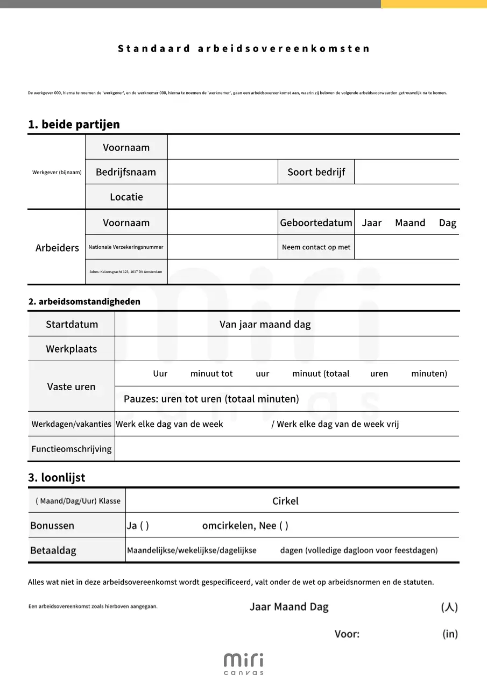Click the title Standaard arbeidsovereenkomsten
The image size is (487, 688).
[x=244, y=48]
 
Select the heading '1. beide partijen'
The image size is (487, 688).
[x=74, y=124]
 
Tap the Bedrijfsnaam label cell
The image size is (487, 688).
[x=126, y=172]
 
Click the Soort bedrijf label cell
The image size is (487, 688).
[x=316, y=172]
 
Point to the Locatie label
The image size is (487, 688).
[x=126, y=197]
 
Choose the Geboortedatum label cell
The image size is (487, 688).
[x=316, y=223]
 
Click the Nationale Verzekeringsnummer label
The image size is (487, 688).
[x=126, y=247]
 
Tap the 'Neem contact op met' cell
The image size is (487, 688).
[x=316, y=247]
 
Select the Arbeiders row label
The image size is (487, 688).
[x=57, y=248]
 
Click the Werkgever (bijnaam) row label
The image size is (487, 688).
[x=57, y=173]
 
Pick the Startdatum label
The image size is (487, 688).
[x=72, y=324]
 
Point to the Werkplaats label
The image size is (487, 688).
[x=72, y=349]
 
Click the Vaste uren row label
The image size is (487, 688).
[x=71, y=386]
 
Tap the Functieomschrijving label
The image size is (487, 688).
[x=72, y=449]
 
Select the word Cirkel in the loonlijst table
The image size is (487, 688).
[x=285, y=501]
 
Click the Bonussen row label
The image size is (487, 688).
[x=52, y=526]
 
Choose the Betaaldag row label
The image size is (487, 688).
[x=53, y=550]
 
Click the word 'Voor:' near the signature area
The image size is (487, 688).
[x=347, y=634]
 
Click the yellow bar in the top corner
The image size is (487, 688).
[x=434, y=4]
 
